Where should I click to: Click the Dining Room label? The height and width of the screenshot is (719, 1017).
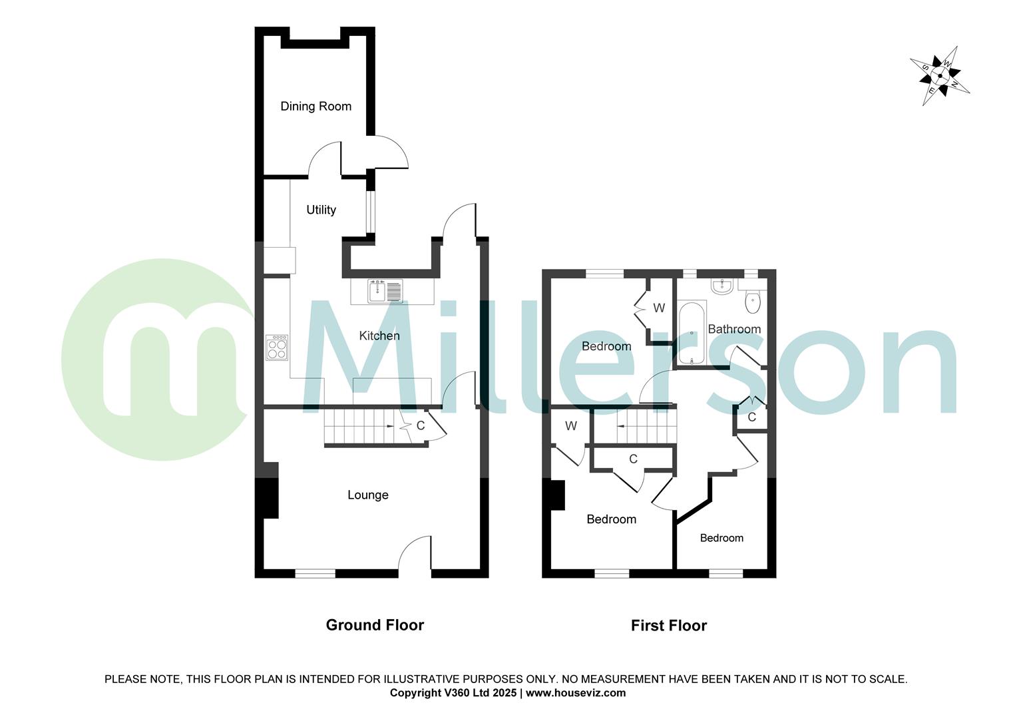315,107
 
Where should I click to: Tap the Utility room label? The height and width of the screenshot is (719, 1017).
321,210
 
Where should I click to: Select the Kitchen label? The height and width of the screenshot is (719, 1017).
379,336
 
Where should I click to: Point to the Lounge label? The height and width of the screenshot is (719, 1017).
368,495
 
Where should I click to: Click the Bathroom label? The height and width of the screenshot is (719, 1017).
734,329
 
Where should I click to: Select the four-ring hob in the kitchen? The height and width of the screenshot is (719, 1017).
277,347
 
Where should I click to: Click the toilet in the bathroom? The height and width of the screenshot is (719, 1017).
752,301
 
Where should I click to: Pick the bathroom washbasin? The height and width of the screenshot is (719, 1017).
721,287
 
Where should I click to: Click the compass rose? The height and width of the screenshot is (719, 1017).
940,75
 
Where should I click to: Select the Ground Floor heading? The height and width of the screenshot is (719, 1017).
375,625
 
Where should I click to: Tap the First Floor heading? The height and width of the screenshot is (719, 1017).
669,626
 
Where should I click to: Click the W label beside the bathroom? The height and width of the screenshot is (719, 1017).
659,308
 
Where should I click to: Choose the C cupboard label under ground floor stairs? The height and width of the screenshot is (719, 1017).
421,425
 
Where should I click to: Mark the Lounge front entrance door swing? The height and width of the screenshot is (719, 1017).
416,554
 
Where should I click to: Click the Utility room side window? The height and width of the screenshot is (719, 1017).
370,212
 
